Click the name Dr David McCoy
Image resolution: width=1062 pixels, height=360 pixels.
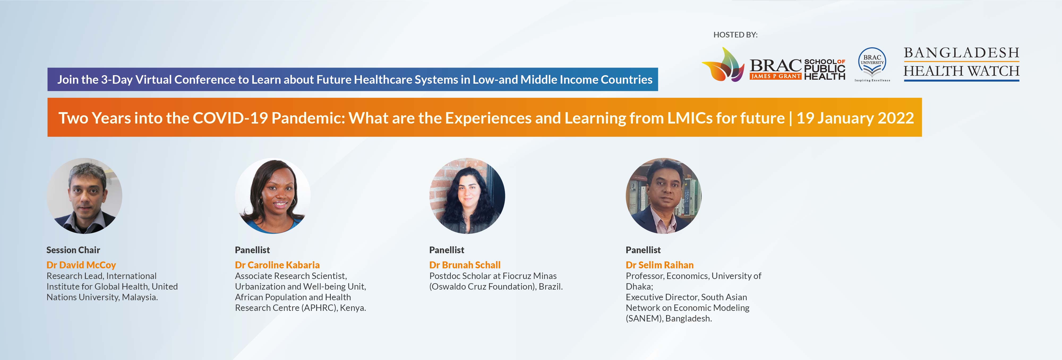coord(81,265)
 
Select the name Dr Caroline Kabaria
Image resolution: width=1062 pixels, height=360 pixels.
coord(277,265)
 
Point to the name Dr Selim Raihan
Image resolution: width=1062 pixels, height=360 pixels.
coord(660,265)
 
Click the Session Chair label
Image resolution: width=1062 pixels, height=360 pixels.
coord(73,250)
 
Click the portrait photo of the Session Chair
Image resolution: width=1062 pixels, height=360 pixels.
coord(84,196)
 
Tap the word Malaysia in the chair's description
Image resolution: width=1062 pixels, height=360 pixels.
coord(139,297)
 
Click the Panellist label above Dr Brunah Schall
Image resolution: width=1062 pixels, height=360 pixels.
coord(447,250)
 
